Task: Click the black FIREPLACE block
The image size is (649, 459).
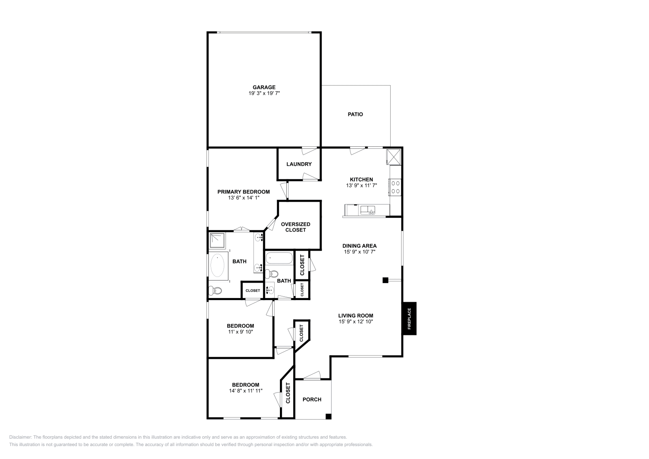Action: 409,318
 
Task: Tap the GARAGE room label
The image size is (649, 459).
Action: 264,87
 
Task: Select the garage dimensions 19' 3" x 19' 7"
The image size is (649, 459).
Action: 264,93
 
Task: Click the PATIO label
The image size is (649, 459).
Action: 355,114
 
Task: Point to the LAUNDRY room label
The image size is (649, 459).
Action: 299,164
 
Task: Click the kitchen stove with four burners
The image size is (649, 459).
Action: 395,187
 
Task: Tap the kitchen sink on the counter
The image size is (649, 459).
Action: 368,210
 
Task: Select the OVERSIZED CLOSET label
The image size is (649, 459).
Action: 296,227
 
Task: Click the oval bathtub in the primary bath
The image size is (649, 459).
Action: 218,265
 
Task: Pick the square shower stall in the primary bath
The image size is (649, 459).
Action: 217,240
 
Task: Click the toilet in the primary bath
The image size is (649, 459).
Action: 215,290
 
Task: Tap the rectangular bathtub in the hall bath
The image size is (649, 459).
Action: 279,258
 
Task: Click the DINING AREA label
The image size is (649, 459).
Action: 359,246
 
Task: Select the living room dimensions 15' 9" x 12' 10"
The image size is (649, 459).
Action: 356,322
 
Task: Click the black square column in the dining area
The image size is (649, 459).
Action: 385,280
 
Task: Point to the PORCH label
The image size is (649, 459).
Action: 312,399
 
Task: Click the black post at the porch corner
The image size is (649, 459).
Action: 329,416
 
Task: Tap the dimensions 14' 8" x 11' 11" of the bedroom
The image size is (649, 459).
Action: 245,391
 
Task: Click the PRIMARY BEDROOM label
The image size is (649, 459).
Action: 243,192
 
